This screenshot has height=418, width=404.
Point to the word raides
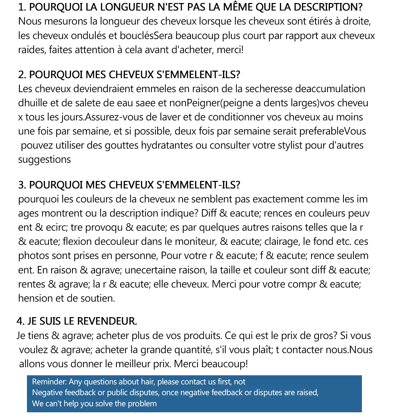tap(32, 50)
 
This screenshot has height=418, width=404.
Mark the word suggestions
tap(44, 159)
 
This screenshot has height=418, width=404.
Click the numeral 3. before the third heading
tap(22, 185)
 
